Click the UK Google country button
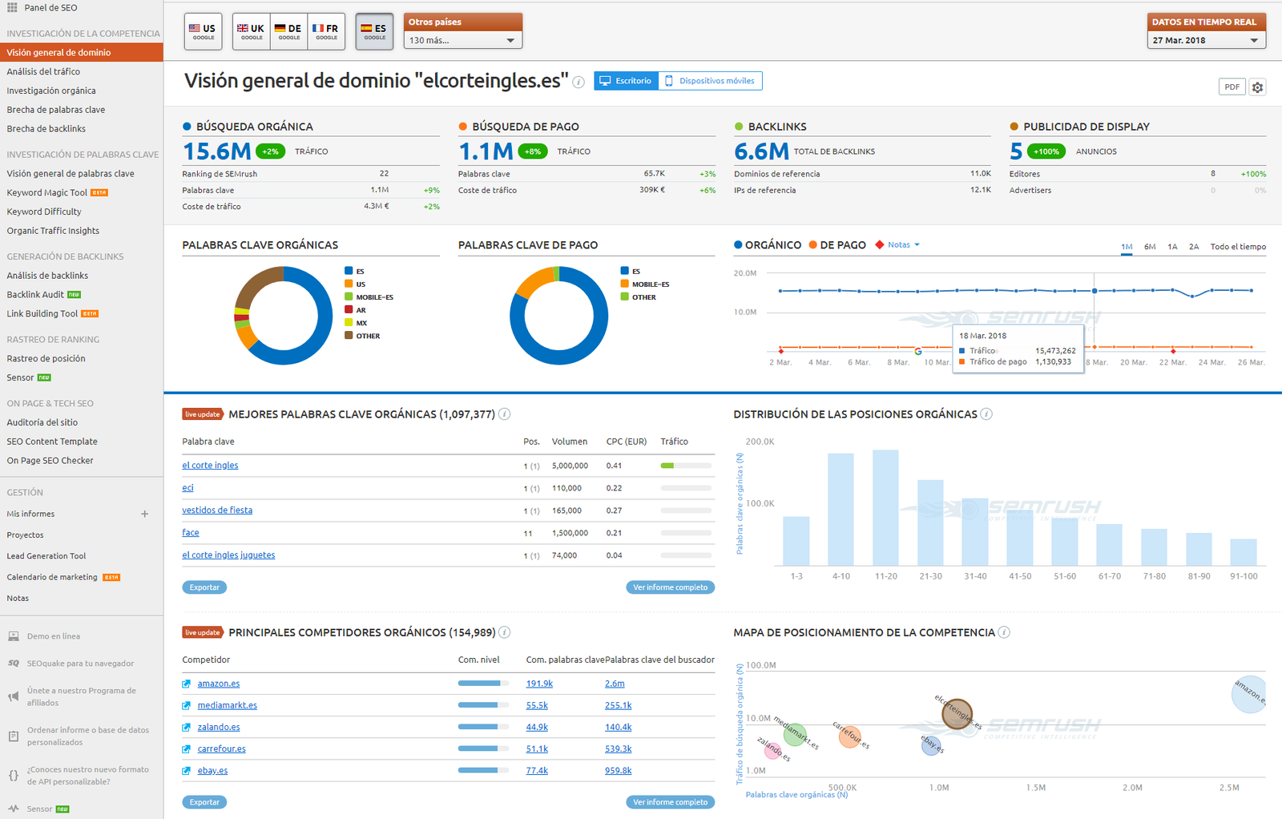tap(251, 31)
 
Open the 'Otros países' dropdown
tap(462, 40)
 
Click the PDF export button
tap(1232, 87)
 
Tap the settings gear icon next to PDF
tap(1257, 87)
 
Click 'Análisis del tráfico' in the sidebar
tap(43, 71)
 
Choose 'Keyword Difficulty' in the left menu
tap(44, 212)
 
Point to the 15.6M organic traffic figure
tap(217, 151)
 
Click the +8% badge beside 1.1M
tap(533, 151)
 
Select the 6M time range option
tap(1150, 247)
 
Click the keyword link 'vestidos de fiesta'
tap(217, 510)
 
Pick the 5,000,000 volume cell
tap(570, 466)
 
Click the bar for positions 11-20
tap(885, 508)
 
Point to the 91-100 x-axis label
tap(1244, 576)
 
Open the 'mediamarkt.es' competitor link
tap(227, 705)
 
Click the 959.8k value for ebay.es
tap(618, 771)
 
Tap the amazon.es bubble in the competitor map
tap(1248, 694)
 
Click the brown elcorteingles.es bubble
tap(957, 712)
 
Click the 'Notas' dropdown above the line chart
tap(902, 245)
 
